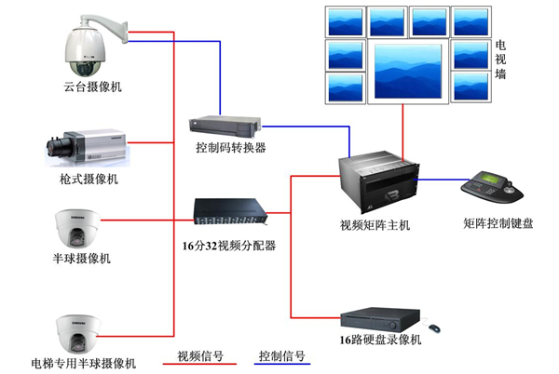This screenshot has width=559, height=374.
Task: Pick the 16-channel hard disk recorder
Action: point(382,318)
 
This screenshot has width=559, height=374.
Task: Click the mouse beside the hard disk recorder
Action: point(434,327)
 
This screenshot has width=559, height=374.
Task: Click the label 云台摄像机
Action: point(87,87)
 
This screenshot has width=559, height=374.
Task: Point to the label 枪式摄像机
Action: point(87,179)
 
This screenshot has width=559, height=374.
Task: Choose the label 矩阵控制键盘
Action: point(498,224)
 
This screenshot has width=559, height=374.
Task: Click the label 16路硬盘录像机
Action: point(380,341)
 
